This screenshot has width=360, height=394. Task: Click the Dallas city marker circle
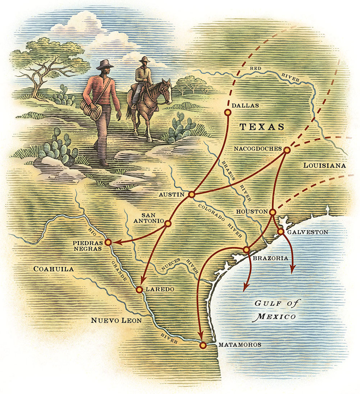click(227, 113)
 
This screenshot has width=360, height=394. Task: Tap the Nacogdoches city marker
click(287, 150)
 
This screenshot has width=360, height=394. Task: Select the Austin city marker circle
click(192, 194)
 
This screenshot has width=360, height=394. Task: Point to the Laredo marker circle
click(140, 289)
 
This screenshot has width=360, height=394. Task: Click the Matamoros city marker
click(203, 345)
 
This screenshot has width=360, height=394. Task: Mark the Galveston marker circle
click(281, 232)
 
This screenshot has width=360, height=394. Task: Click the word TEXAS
click(262, 127)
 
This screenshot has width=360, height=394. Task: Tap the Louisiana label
click(325, 165)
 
